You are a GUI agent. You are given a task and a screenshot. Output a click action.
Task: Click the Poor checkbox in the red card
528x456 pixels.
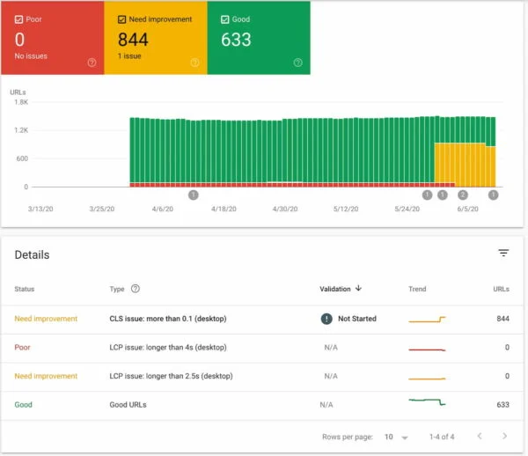(x=19, y=18)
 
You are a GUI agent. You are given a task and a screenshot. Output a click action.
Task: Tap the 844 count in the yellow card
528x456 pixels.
(x=133, y=40)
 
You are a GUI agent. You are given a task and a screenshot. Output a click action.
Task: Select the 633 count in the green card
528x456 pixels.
(x=237, y=40)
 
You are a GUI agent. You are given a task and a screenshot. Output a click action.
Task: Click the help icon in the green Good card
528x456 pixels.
(x=298, y=63)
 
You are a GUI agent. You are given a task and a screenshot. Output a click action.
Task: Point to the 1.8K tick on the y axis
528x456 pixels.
(x=19, y=102)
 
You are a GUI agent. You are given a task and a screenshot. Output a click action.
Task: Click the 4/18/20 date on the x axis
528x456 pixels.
(x=224, y=210)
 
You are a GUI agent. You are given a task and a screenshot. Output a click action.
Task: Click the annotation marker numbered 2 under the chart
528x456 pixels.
(x=464, y=195)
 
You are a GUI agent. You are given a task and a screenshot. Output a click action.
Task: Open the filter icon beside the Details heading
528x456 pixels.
(x=503, y=253)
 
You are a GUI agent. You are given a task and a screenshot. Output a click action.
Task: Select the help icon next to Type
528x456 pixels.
(x=136, y=288)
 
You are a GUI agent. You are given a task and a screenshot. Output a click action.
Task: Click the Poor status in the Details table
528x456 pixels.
(x=22, y=348)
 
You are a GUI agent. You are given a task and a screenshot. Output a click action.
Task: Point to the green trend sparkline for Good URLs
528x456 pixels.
(x=428, y=403)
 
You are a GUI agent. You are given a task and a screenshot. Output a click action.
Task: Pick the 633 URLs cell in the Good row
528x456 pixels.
(x=502, y=405)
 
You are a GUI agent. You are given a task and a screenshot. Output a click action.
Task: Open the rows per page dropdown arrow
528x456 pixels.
(x=405, y=437)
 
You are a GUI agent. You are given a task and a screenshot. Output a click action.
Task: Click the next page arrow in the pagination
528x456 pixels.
(x=504, y=436)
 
